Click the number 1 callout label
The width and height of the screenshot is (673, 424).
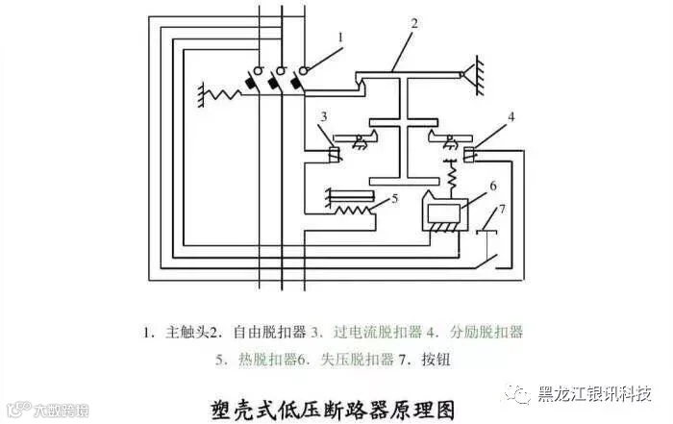(x=340, y=37)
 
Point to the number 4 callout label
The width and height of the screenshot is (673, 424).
(x=511, y=117)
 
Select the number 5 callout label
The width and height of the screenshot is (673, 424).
(x=394, y=199)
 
